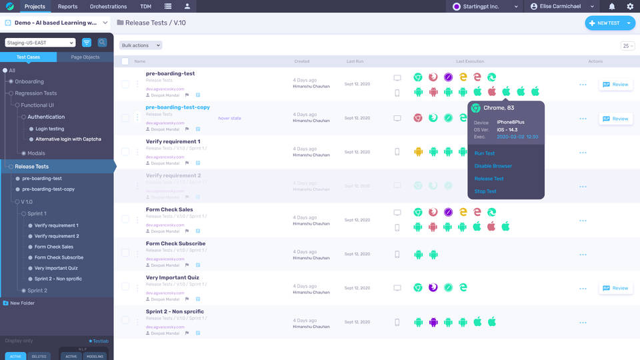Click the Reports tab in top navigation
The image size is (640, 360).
67,7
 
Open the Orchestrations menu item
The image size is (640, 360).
108,7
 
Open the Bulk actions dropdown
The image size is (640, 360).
141,45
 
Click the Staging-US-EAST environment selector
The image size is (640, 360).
40,43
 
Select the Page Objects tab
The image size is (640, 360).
85,57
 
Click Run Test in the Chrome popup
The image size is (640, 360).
485,153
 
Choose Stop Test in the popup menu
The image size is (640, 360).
485,191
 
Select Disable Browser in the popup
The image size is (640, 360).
493,166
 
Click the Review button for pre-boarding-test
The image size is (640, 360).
615,85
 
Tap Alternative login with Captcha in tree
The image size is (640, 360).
68,139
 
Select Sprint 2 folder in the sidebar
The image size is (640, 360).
37,291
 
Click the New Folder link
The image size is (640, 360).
22,303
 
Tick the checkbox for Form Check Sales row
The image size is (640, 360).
125,221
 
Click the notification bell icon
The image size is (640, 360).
612,7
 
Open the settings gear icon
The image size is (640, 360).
630,7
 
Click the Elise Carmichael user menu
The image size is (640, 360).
562,7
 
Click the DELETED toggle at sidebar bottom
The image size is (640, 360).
39,357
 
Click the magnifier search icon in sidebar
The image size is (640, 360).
102,43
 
